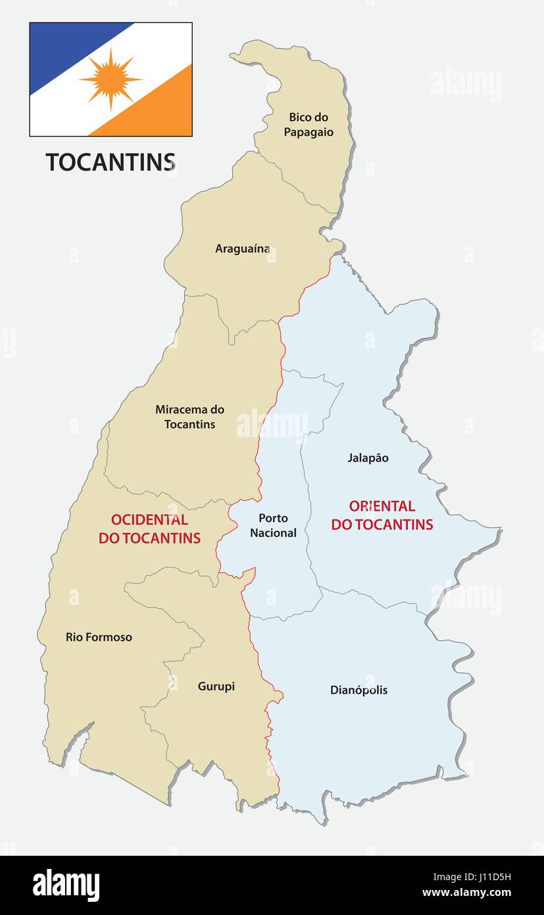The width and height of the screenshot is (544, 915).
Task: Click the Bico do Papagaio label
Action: pos(309,124)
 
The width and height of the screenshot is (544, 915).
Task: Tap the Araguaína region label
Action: pos(243,249)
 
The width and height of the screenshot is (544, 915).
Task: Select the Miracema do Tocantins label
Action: pos(189,417)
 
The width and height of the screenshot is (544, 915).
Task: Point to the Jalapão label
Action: pos(368,457)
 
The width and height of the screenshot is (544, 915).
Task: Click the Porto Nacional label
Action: pos(273,525)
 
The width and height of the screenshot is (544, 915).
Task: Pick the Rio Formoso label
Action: pos(99,637)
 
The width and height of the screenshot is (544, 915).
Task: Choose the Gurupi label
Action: pos(216,687)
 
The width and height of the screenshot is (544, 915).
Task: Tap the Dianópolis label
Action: pos(359,690)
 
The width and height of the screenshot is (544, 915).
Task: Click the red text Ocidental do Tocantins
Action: pos(149,529)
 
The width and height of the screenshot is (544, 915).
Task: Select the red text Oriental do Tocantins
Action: pos(382,515)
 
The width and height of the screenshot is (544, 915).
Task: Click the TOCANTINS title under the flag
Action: pos(110,162)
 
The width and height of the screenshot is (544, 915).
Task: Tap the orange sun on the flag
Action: pos(111,79)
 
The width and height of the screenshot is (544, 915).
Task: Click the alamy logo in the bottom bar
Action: pos(66,885)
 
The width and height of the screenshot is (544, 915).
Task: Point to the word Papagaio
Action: pos(309,132)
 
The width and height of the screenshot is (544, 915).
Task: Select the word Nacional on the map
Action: pos(273,533)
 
